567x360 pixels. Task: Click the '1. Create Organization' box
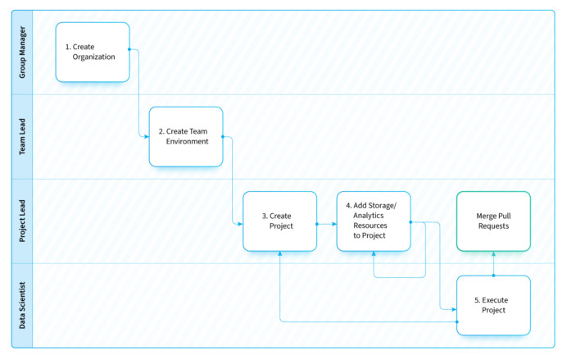coord(93,52)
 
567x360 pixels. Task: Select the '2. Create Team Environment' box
coord(186,136)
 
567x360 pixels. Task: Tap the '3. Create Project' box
coord(279,221)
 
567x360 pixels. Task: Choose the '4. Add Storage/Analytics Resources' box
coord(374,221)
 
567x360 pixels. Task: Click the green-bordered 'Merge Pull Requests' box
coord(493,221)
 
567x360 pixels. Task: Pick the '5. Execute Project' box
coord(493,305)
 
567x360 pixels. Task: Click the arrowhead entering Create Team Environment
coord(146,137)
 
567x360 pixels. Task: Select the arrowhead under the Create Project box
coord(280,254)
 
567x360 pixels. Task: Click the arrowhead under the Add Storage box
coord(374,254)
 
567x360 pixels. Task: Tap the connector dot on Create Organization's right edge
coord(129,49)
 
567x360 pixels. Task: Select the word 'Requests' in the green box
coord(493,226)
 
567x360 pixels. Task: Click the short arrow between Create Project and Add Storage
coord(326,222)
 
